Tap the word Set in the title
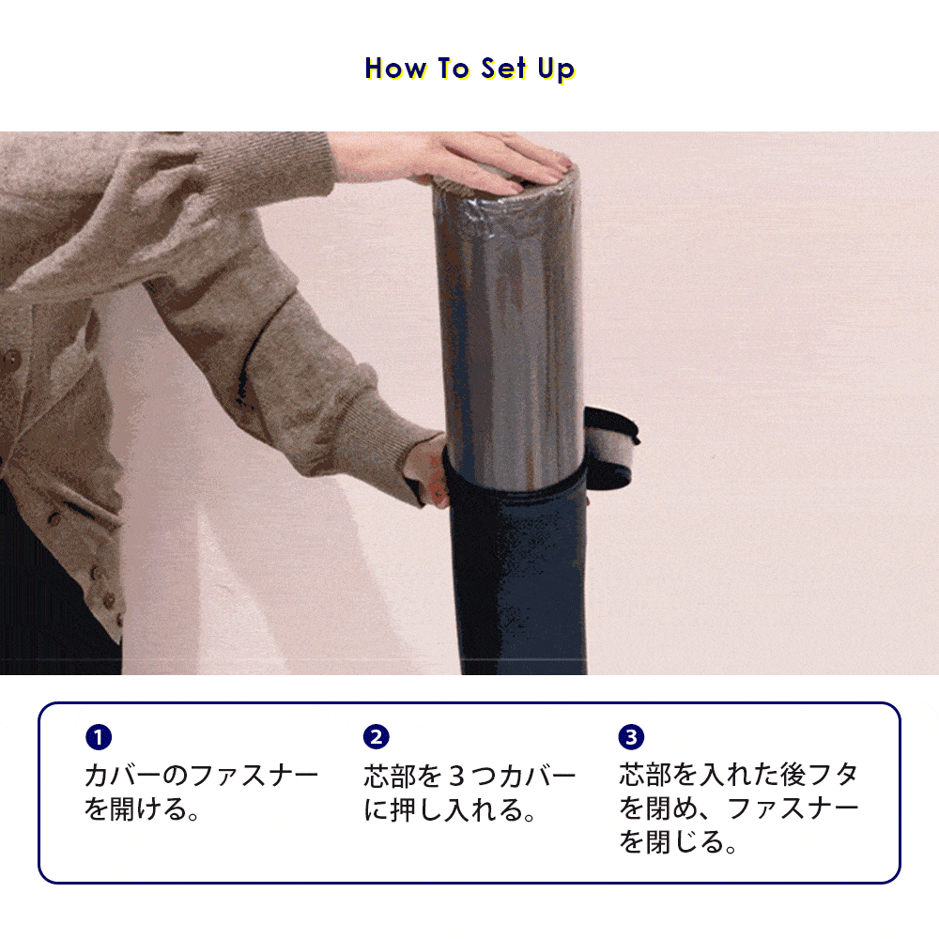pos(503,68)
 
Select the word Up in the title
pos(556,70)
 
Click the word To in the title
pos(454,68)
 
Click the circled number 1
pos(99,736)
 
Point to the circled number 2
pos(377,736)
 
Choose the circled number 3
pos(631,736)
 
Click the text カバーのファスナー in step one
pos(201,776)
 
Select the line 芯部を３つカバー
pos(470,777)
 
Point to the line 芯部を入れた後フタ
pos(739,775)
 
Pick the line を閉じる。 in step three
pos(677,841)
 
